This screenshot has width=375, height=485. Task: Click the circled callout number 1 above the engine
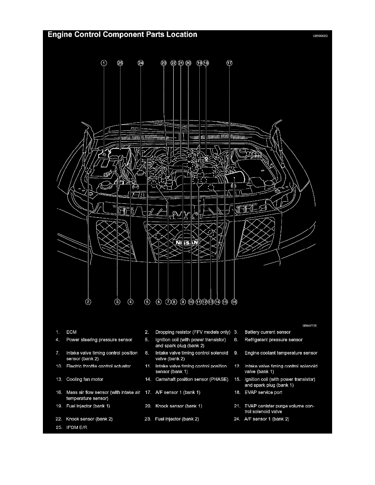[x=104, y=63]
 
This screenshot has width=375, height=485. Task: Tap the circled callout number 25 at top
[x=120, y=63]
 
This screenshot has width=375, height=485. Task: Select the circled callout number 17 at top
[x=229, y=63]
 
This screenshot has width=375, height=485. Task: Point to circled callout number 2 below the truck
[x=88, y=302]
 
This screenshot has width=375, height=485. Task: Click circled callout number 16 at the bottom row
[x=234, y=302]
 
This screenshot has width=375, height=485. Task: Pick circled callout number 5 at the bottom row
[x=147, y=302]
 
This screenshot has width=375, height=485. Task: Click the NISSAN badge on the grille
[x=187, y=242]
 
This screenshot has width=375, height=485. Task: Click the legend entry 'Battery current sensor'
[x=268, y=332]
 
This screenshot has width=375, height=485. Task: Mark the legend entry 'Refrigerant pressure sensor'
[x=274, y=340]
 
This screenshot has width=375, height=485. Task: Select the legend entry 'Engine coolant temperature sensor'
[x=281, y=353]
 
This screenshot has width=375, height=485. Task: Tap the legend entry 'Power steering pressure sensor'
[x=99, y=340]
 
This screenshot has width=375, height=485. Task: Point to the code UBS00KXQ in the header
[x=320, y=36]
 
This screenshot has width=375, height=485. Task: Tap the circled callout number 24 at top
[x=141, y=63]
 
